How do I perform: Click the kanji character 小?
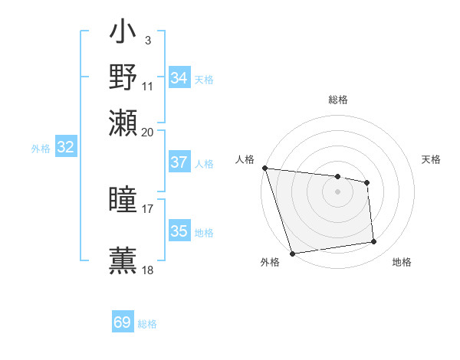click(123, 34)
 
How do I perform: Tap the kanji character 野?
click(123, 77)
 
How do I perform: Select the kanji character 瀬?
click(123, 123)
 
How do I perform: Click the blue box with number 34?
click(179, 78)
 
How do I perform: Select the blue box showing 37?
click(179, 162)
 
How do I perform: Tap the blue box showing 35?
click(179, 231)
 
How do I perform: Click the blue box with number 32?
click(66, 148)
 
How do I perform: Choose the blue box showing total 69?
click(123, 322)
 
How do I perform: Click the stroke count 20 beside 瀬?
click(148, 132)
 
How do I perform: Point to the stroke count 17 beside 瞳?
click(148, 208)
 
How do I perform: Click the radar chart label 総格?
click(338, 100)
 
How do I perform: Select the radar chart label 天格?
click(432, 159)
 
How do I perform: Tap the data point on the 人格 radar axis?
click(264, 168)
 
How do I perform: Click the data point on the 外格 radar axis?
click(293, 253)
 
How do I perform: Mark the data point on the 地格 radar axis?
click(374, 242)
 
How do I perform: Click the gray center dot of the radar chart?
click(338, 191)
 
